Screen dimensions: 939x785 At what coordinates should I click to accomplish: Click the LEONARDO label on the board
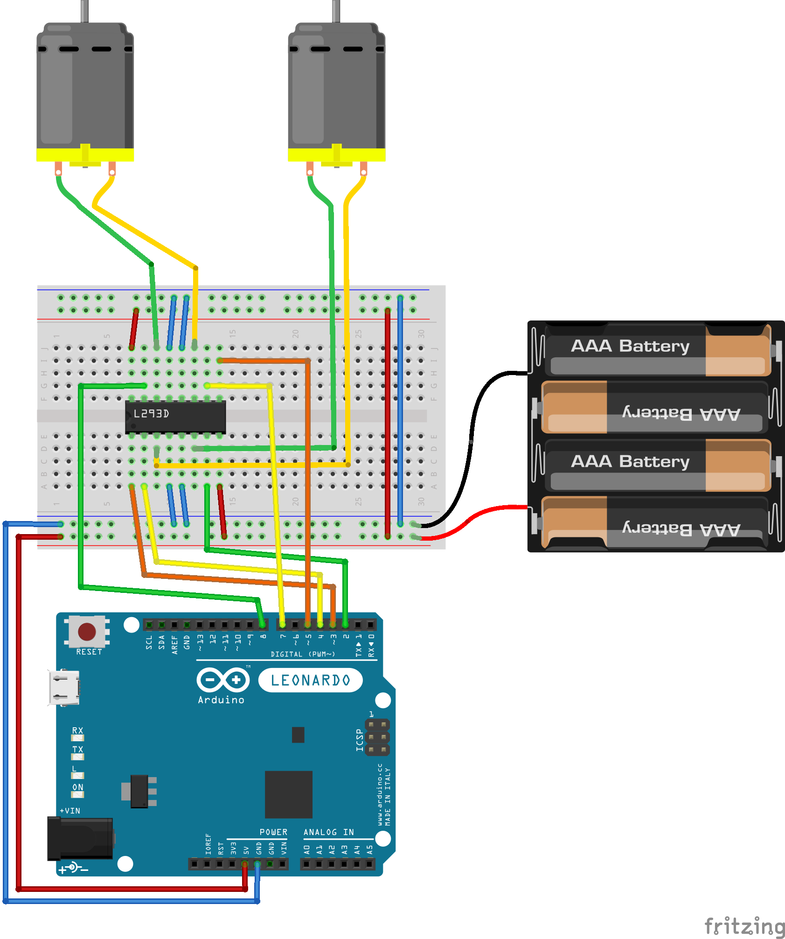click(310, 680)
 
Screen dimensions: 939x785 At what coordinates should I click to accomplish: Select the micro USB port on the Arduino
click(63, 688)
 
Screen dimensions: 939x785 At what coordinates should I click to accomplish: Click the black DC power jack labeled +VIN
click(80, 838)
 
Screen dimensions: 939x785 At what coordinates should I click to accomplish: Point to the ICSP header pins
click(377, 737)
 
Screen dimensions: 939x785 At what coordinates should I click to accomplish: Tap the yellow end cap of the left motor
click(85, 154)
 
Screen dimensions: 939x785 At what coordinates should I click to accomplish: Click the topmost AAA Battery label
click(630, 346)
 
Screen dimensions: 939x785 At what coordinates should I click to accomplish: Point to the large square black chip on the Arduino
click(288, 794)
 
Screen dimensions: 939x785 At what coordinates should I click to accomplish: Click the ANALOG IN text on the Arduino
click(328, 832)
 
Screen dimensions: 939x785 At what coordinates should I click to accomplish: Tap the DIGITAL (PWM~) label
click(302, 654)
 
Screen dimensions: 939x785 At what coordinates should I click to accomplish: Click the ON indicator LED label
click(77, 787)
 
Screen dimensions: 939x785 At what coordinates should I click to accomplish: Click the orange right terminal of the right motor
click(363, 168)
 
